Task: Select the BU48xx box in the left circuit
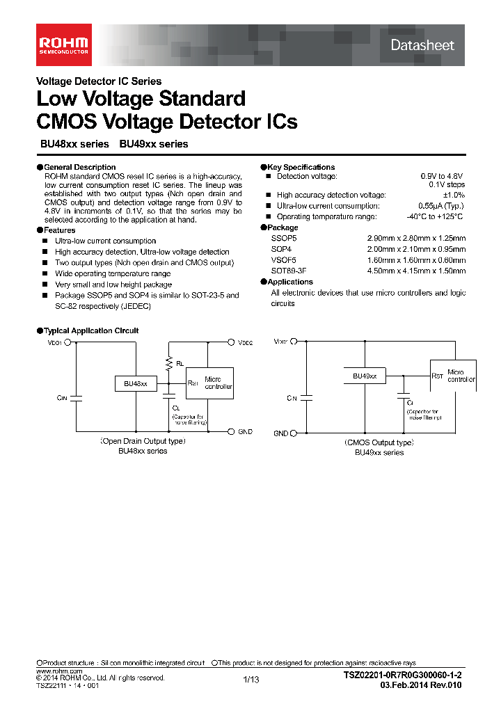(x=136, y=383)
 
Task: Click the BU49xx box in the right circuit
(x=365, y=376)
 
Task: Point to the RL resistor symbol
(x=168, y=362)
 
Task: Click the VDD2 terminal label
(x=246, y=342)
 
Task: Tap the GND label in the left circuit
(x=246, y=432)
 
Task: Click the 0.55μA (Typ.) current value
(x=441, y=206)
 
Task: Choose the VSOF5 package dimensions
(x=416, y=260)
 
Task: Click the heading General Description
(x=79, y=167)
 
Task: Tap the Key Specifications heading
(x=301, y=167)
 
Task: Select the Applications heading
(x=290, y=282)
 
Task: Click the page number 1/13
(x=250, y=680)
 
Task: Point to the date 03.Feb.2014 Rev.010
(x=421, y=685)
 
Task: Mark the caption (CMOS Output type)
(x=379, y=442)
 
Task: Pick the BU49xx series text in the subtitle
(x=154, y=144)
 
